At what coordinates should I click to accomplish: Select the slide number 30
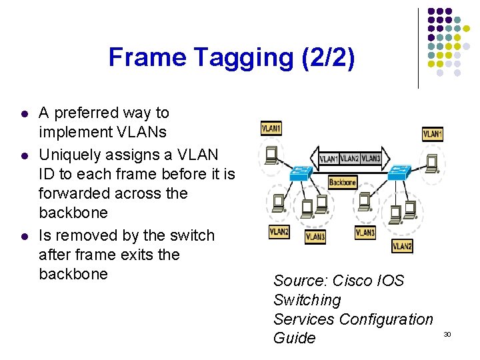(447, 333)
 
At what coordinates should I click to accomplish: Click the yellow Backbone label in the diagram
(343, 182)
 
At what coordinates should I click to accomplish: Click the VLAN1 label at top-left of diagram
(271, 128)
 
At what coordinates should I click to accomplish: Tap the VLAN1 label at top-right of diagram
(433, 134)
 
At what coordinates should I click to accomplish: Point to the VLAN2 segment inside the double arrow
(349, 159)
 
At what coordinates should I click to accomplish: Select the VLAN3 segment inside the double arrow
(371, 159)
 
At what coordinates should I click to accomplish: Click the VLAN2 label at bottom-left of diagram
(279, 232)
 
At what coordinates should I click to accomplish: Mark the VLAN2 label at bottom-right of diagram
(402, 246)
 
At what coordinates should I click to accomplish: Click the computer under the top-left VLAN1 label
(272, 155)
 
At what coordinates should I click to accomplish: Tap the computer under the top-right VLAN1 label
(432, 161)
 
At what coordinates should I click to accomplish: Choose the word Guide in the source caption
(294, 338)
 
